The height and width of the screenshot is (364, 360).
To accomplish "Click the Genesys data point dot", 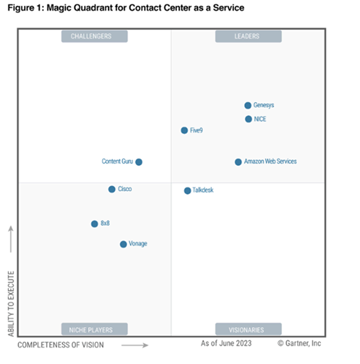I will (x=248, y=105).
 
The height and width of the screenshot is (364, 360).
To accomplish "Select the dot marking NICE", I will (x=248, y=119).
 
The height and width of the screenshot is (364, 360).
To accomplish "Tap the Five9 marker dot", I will (x=184, y=130).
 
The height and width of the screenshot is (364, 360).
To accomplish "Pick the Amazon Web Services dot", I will (x=238, y=162).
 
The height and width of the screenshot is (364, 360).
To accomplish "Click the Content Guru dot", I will (x=139, y=162).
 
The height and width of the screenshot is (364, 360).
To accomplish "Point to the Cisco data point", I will (x=112, y=189).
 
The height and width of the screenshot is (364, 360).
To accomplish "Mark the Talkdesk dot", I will (x=187, y=191).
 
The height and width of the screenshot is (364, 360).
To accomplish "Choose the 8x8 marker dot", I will (x=94, y=224).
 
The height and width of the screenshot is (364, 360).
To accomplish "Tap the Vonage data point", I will (x=123, y=244).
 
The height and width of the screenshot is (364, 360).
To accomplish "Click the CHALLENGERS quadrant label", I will (x=94, y=37).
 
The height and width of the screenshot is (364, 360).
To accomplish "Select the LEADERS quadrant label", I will (x=248, y=37).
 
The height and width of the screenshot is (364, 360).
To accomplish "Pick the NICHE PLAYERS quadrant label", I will (x=94, y=329).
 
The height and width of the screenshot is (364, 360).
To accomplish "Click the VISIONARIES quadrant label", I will (x=248, y=329).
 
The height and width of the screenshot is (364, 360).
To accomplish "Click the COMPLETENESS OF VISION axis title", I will (x=61, y=345).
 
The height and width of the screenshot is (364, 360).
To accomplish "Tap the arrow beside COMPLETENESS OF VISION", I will (x=135, y=345).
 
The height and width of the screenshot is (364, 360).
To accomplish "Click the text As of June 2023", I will (x=226, y=344).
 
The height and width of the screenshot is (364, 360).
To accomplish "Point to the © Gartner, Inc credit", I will (x=299, y=344).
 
